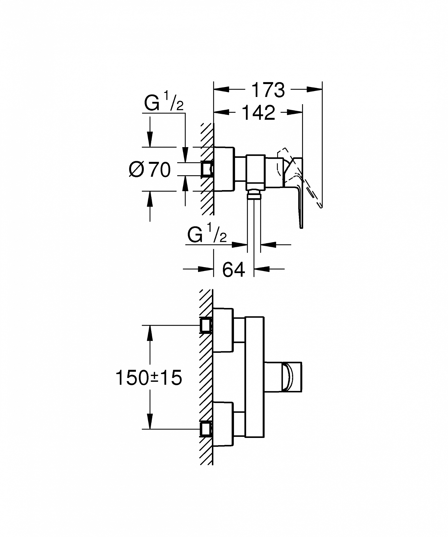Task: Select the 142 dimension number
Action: [259, 113]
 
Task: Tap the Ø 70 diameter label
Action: [150, 169]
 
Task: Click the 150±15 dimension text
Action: [149, 377]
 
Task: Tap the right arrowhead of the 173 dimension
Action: [314, 89]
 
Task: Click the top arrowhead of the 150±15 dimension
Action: [150, 333]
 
